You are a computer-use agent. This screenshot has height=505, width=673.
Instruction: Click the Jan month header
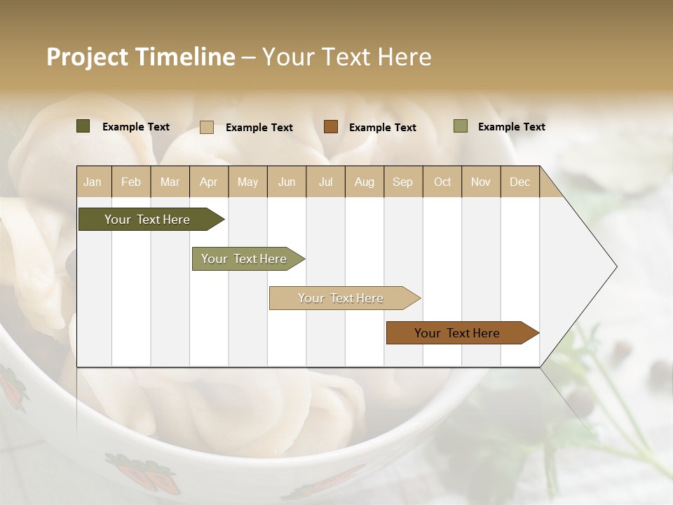(x=93, y=182)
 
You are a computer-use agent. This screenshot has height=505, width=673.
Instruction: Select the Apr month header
(x=209, y=182)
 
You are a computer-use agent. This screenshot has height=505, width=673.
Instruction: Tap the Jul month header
(x=325, y=182)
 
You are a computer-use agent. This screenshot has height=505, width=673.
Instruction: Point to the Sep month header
(x=402, y=182)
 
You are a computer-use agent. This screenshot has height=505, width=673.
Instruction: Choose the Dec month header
(x=519, y=182)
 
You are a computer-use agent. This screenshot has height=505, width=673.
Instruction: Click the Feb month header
(x=131, y=182)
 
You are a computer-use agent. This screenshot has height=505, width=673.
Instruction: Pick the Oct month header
(x=442, y=182)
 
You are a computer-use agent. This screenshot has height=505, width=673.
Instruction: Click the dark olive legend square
(x=83, y=126)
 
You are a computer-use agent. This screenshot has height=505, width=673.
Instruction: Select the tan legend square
(x=207, y=127)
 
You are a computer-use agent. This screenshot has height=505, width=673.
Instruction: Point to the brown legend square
(x=331, y=127)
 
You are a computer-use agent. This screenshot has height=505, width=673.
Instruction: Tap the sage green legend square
(x=461, y=126)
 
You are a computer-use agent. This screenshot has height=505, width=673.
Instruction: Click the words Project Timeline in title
(x=140, y=57)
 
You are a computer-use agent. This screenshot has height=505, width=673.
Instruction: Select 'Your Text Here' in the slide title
(x=346, y=57)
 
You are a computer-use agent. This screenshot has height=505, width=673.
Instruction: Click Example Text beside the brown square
(x=382, y=128)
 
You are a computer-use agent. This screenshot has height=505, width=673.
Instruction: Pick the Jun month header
(x=287, y=182)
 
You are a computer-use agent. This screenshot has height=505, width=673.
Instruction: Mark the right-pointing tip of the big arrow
(x=615, y=267)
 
